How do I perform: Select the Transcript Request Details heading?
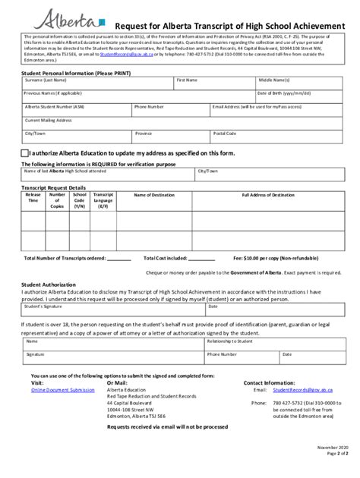53,186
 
